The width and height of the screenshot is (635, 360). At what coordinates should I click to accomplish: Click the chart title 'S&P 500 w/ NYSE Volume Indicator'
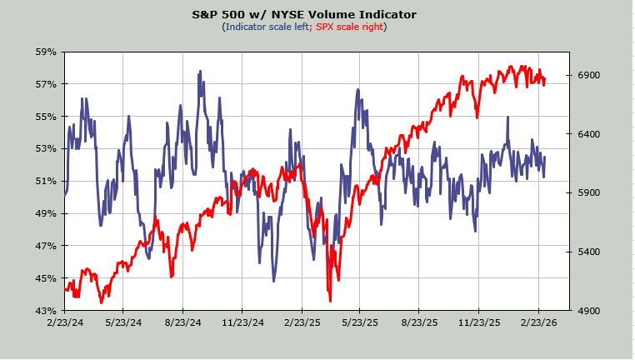click(x=304, y=14)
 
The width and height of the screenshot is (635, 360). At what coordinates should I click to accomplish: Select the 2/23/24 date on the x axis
click(x=64, y=322)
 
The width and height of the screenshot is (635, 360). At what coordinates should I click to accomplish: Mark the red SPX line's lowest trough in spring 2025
click(x=330, y=300)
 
